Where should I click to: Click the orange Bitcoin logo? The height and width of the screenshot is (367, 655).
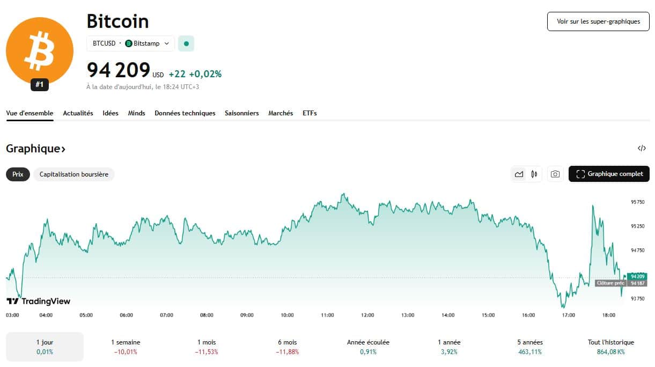pyautogui.click(x=39, y=50)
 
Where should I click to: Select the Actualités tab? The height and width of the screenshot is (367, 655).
pyautogui.click(x=78, y=113)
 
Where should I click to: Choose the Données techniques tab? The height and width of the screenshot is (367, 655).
pyautogui.click(x=185, y=113)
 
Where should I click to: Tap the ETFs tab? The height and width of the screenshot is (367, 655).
pyautogui.click(x=310, y=113)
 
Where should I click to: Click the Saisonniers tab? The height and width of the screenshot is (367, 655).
pyautogui.click(x=241, y=113)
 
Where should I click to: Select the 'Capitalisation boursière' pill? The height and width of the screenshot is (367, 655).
pyautogui.click(x=74, y=174)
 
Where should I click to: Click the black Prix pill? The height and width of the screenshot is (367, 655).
pyautogui.click(x=18, y=174)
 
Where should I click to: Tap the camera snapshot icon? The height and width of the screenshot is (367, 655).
pyautogui.click(x=555, y=174)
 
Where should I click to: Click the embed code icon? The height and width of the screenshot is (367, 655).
pyautogui.click(x=642, y=149)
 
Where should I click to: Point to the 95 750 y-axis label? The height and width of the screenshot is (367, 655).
pyautogui.click(x=637, y=202)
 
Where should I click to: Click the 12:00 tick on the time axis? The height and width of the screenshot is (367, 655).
pyautogui.click(x=367, y=315)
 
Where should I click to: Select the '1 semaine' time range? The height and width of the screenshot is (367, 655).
pyautogui.click(x=126, y=347)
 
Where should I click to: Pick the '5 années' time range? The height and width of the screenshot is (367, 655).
pyautogui.click(x=530, y=347)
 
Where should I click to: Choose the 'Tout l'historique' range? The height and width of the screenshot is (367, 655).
pyautogui.click(x=610, y=347)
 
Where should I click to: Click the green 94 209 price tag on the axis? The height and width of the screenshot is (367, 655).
pyautogui.click(x=637, y=276)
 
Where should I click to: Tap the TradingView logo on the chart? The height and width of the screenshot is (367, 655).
pyautogui.click(x=38, y=301)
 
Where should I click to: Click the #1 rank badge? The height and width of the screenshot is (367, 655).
pyautogui.click(x=39, y=85)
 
